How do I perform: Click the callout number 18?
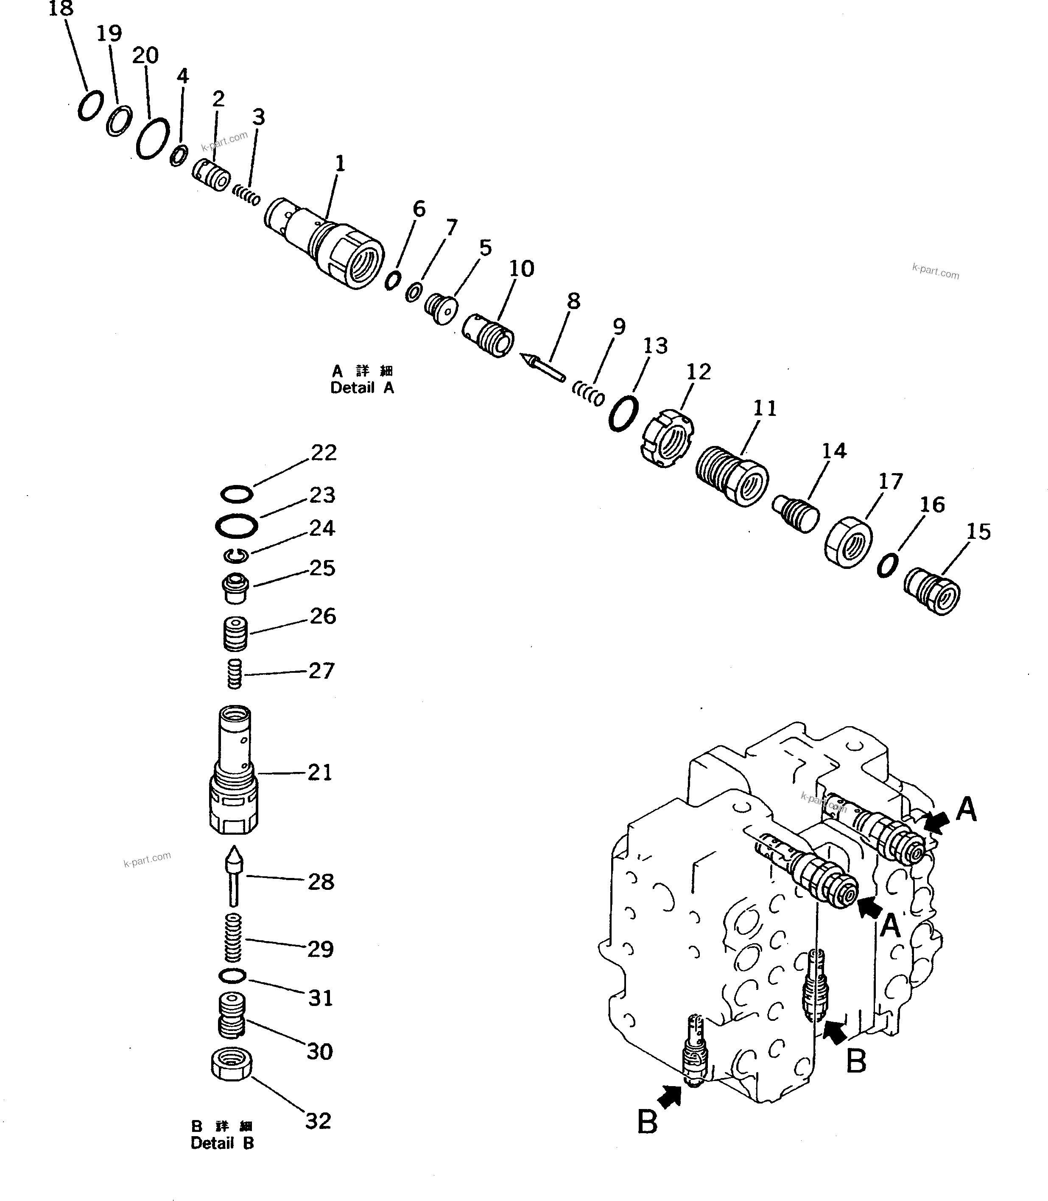click(61, 9)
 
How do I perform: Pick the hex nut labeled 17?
click(848, 542)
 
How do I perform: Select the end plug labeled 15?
click(932, 591)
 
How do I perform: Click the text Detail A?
click(362, 387)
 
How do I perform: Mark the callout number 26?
click(323, 616)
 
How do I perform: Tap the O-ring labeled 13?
click(623, 413)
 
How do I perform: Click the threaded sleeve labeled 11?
click(732, 477)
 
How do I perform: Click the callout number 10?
click(521, 269)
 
